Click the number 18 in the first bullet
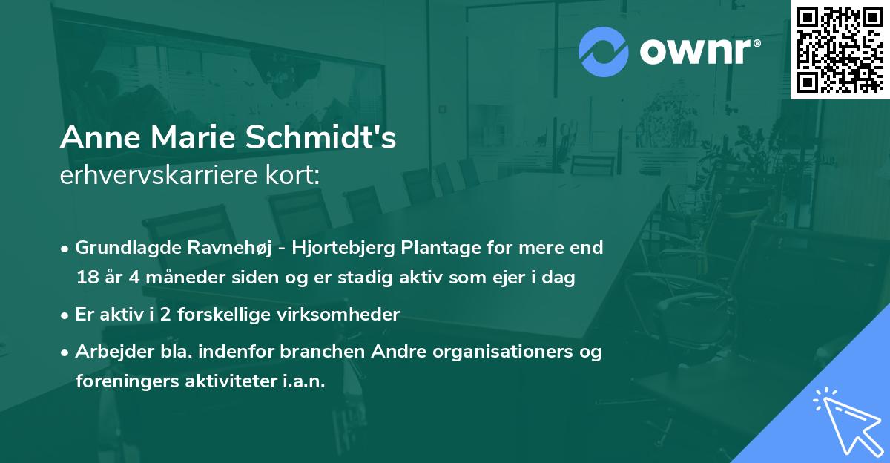(86, 278)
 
